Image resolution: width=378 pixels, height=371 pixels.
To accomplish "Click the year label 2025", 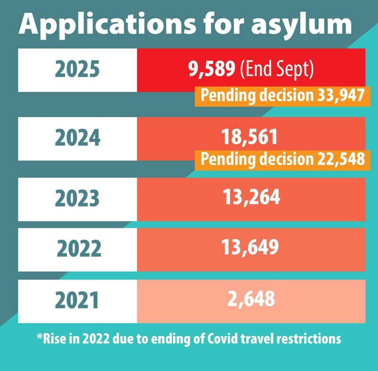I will tap(77, 70).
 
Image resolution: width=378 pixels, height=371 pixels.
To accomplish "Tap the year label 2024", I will tap(77, 138).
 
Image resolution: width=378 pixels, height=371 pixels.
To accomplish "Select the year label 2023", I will tap(77, 198).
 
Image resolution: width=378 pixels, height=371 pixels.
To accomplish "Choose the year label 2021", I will tap(77, 301).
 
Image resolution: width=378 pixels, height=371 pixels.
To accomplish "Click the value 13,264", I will tap(251, 197).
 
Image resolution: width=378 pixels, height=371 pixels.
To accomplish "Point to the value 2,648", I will tap(251, 299).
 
